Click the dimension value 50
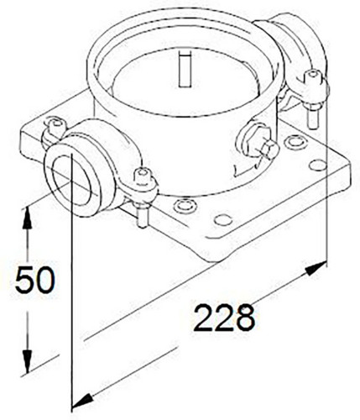tap(34, 280)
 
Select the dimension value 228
tap(225, 318)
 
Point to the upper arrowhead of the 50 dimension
tap(27, 218)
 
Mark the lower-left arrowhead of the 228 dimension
tap(82, 401)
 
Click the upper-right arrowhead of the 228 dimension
tap(316, 268)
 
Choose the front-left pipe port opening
tap(72, 180)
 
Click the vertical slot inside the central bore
tap(185, 69)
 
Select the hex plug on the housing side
tap(258, 142)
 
